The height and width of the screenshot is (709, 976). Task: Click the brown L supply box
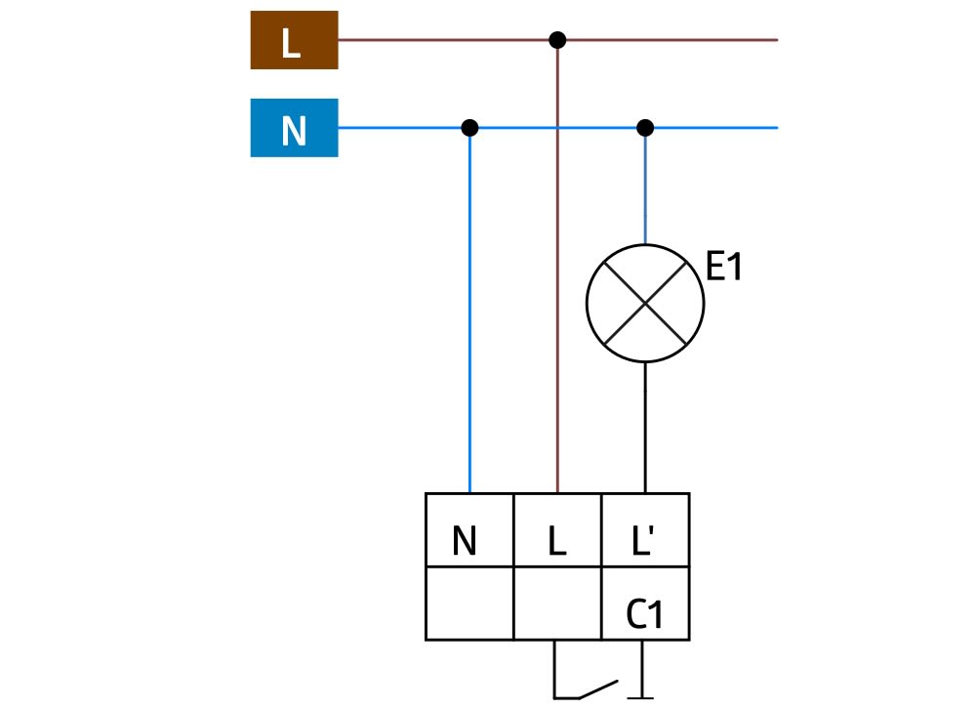click(x=294, y=40)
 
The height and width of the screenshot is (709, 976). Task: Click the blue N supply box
click(x=294, y=128)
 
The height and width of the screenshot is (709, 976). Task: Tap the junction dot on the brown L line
click(x=557, y=40)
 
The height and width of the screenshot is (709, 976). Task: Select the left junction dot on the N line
click(x=469, y=128)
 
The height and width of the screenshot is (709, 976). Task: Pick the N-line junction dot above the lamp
click(x=644, y=128)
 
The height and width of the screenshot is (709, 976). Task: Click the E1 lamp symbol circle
click(x=644, y=303)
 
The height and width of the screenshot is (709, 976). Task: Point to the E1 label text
click(x=723, y=268)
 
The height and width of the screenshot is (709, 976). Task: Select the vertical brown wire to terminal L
click(x=557, y=293)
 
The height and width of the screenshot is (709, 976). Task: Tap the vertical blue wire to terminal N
click(x=469, y=313)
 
